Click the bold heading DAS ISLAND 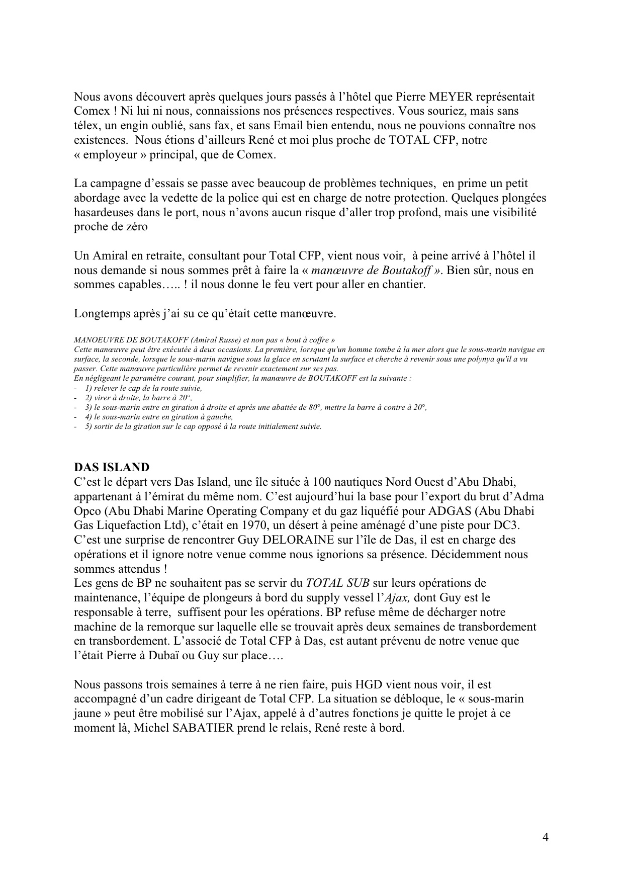tap(112, 467)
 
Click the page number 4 tap(546, 837)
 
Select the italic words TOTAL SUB tap(338, 583)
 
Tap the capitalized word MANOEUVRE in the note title tap(95, 340)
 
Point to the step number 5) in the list tap(88, 426)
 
